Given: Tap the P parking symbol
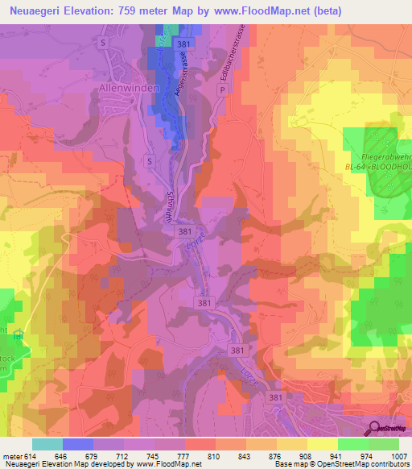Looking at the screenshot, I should pos(222,91).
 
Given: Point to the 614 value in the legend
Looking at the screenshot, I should pos(31,456).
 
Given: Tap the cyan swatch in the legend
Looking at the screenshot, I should pos(47,444).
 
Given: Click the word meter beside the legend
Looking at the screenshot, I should pos(12,456).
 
